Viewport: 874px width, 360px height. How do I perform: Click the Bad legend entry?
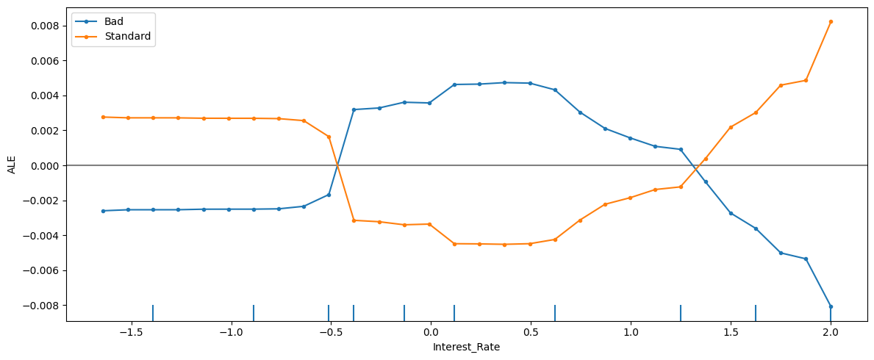(114, 22)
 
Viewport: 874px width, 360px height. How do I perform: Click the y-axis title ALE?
(11, 165)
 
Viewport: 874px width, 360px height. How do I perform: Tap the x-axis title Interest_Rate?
(467, 347)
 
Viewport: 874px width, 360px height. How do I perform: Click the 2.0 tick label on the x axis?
(831, 332)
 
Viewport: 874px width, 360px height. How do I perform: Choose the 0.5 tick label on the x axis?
(531, 332)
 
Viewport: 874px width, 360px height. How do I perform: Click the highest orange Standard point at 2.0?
(831, 22)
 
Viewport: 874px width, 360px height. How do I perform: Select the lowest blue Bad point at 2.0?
(831, 306)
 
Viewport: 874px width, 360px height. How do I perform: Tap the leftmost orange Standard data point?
(103, 117)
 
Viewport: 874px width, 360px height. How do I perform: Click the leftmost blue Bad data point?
(103, 211)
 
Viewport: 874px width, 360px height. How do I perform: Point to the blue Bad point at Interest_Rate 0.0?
(429, 103)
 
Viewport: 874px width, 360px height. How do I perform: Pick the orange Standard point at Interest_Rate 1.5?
(731, 127)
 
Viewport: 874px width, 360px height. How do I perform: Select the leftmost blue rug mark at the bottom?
(153, 313)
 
